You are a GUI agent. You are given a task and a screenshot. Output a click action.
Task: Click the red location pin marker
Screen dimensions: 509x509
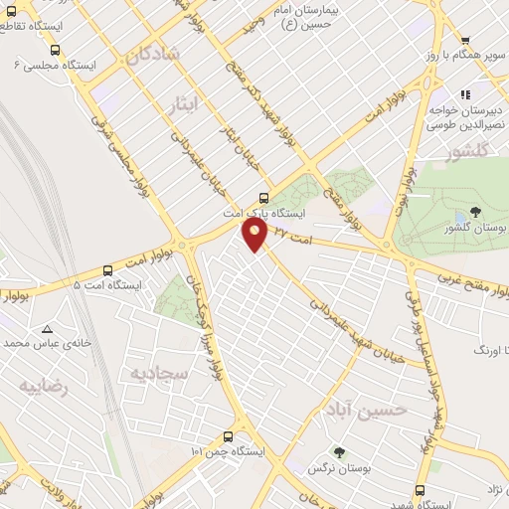pos(255,235)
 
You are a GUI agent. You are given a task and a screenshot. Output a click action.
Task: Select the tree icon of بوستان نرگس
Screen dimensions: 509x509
pos(341,452)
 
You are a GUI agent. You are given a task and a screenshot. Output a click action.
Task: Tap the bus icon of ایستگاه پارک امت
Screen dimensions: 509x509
pos(263,197)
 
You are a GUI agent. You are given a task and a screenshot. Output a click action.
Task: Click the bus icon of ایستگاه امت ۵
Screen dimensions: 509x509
pos(107,269)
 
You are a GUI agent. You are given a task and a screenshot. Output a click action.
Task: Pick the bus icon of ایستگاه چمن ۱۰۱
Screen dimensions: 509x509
pos(229,436)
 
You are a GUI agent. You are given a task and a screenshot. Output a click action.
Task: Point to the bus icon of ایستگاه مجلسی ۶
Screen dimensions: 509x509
pos(55,49)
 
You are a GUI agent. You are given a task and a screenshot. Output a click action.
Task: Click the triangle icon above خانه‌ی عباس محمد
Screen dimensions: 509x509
pos(47,328)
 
